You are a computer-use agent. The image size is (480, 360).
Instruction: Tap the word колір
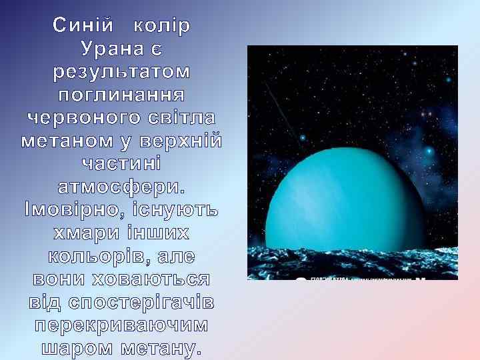point(162,26)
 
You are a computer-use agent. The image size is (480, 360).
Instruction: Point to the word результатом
point(121,71)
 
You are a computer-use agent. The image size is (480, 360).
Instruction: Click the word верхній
point(187,141)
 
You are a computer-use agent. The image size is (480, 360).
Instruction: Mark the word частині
point(121,164)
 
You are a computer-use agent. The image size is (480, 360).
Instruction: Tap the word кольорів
point(97,257)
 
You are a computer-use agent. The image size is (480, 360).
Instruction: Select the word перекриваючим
point(121,326)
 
